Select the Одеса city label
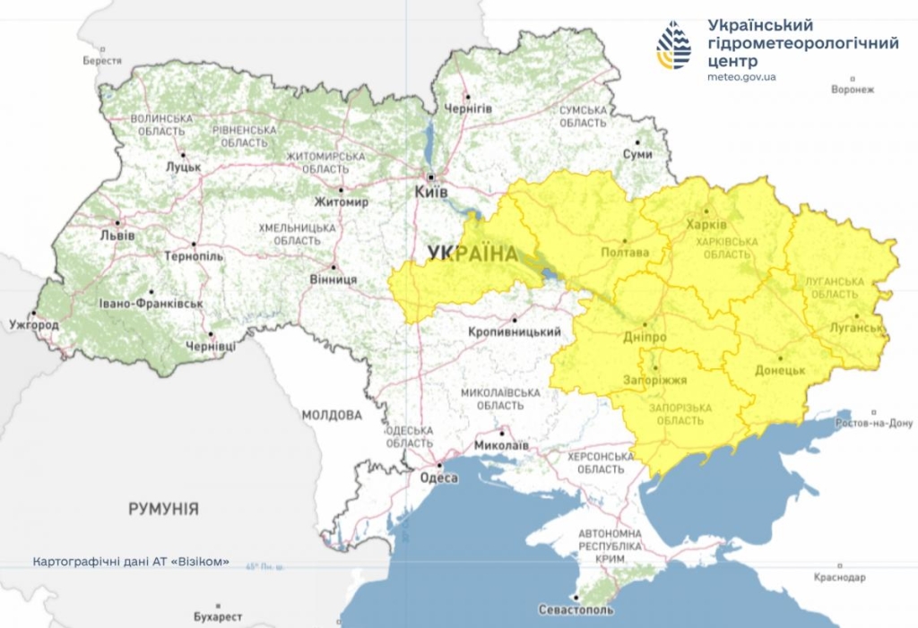(438, 477)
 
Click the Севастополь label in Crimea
(576, 610)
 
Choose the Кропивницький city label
(515, 332)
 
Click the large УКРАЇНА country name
(472, 254)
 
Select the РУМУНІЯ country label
(163, 509)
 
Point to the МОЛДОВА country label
(332, 415)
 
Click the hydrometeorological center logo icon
(673, 45)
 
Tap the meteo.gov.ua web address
(741, 77)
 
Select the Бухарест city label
(218, 617)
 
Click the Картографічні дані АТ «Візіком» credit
(131, 563)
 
